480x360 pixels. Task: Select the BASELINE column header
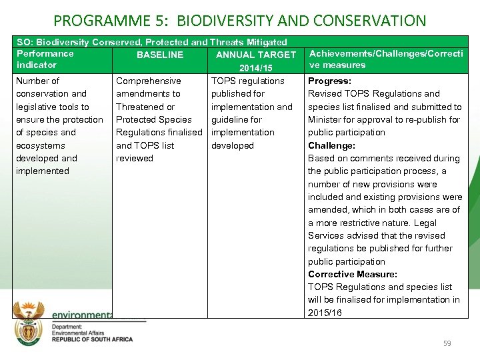pos(159,55)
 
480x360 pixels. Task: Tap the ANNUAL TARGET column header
pos(255,55)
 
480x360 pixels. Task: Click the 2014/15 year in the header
pos(255,68)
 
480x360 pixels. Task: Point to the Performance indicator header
pos(45,59)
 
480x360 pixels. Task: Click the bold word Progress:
pos(329,81)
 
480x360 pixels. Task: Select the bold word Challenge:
pos(331,145)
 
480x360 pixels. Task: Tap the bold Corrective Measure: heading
pos(352,274)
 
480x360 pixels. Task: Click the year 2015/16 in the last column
pos(325,313)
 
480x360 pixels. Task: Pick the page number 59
pos(447,343)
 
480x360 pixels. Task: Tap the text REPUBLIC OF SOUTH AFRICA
pos(92,339)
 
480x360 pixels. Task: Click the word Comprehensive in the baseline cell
pos(148,81)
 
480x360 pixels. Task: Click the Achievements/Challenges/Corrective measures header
pos(386,59)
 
